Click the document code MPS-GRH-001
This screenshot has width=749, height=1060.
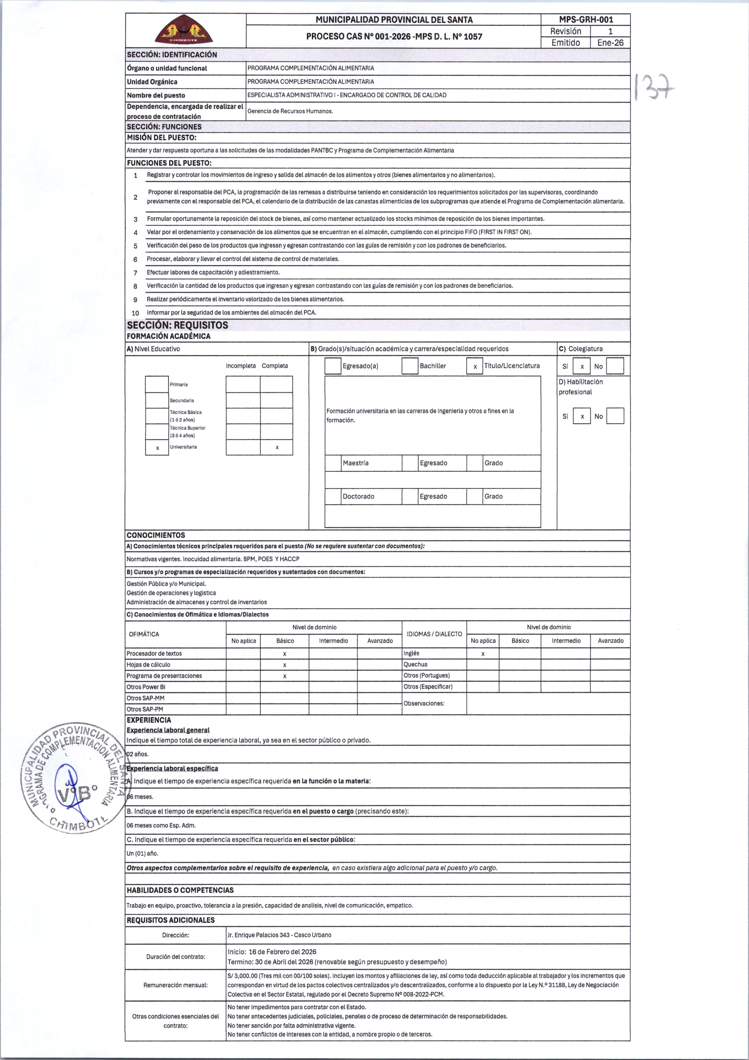pyautogui.click(x=585, y=19)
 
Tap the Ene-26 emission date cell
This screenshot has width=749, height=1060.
pyautogui.click(x=610, y=42)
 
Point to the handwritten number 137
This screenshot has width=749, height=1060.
pyautogui.click(x=654, y=87)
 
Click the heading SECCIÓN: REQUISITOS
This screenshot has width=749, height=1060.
pyautogui.click(x=177, y=325)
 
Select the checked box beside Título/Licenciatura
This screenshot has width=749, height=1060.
pyautogui.click(x=475, y=366)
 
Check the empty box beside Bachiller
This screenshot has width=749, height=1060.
pyautogui.click(x=409, y=366)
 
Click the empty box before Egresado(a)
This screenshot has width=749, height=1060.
pyautogui.click(x=333, y=366)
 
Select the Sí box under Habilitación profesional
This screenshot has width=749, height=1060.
pyautogui.click(x=582, y=416)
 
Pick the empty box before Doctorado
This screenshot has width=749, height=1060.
pyautogui.click(x=333, y=496)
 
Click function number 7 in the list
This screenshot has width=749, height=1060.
pyautogui.click(x=135, y=273)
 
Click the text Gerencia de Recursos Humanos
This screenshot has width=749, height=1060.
pyautogui.click(x=290, y=111)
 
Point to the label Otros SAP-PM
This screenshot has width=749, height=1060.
pyautogui.click(x=145, y=709)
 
